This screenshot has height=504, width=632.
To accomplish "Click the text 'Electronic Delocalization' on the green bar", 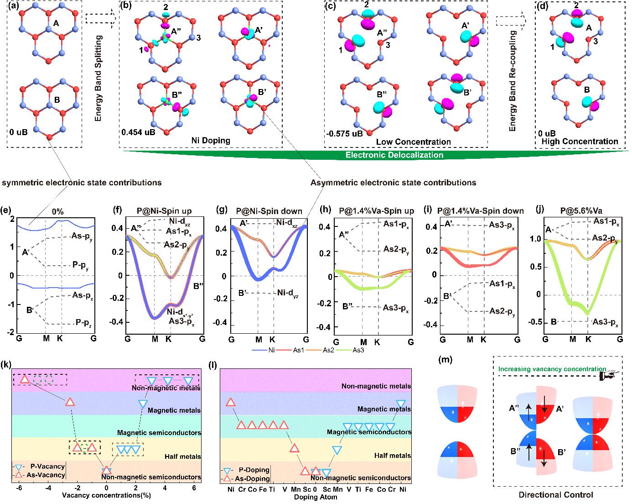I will (x=394, y=155).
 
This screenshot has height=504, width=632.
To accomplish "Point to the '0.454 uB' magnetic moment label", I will (x=138, y=132).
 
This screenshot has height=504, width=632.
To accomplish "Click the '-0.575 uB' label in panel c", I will (x=344, y=134).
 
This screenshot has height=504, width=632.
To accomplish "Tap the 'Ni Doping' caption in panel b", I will (x=212, y=141).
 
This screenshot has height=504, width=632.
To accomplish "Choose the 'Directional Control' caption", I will (x=556, y=494).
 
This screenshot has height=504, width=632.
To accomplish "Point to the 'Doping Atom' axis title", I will (x=315, y=497).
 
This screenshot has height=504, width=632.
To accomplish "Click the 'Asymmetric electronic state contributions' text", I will (x=393, y=183).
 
